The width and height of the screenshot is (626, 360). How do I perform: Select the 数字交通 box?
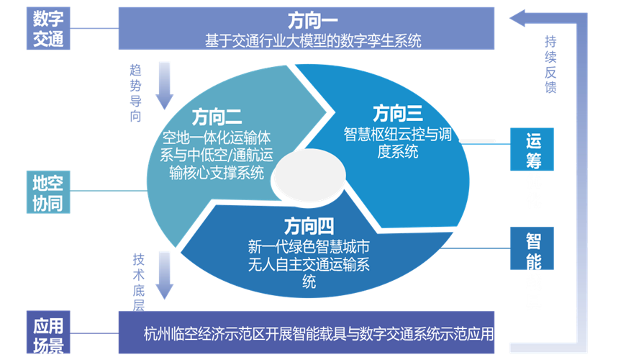click(48, 27)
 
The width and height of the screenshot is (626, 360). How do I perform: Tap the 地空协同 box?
click(48, 192)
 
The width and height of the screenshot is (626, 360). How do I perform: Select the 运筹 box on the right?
click(533, 150)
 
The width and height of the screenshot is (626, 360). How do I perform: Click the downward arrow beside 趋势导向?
click(164, 84)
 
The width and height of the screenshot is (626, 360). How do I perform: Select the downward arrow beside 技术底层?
click(164, 274)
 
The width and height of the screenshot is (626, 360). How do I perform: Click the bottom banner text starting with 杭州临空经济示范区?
click(319, 334)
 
